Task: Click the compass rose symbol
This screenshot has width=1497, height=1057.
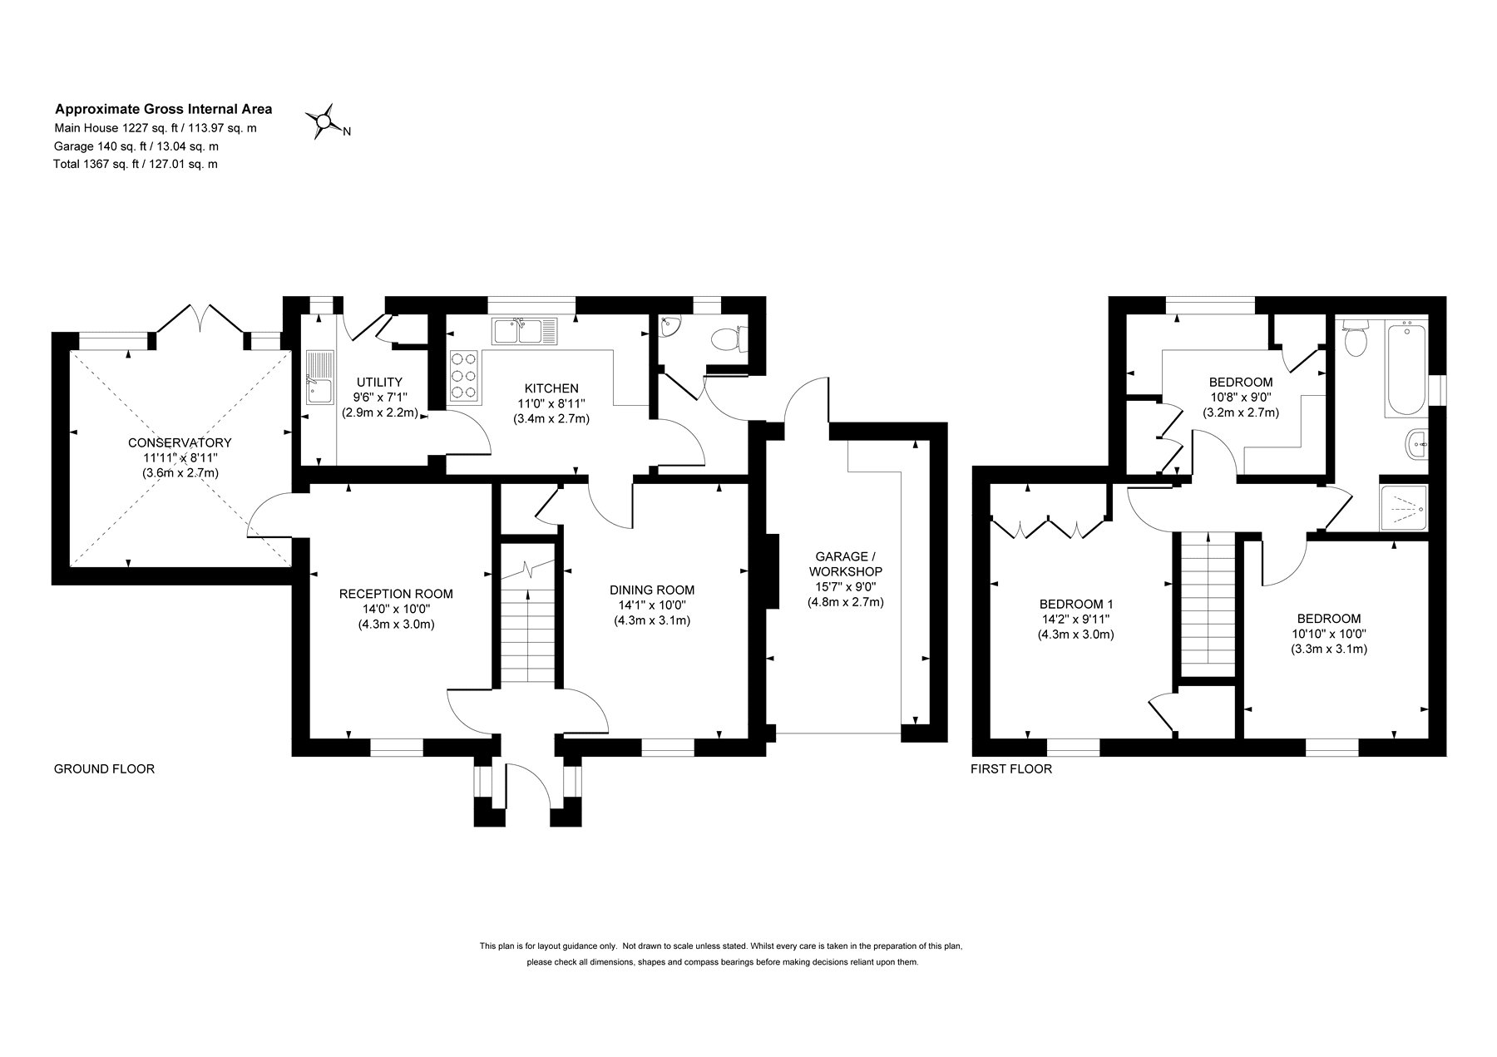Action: (x=323, y=123)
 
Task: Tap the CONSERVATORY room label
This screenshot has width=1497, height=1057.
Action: (x=180, y=442)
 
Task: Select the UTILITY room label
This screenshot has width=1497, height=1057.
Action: (x=379, y=382)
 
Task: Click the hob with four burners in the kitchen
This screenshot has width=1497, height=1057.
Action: (x=464, y=376)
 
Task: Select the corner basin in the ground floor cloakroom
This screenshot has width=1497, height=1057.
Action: (x=668, y=328)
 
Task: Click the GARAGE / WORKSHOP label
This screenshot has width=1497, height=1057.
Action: (x=845, y=564)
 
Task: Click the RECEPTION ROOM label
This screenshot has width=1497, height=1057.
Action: (x=396, y=594)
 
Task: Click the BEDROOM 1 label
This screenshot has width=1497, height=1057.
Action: (x=1076, y=605)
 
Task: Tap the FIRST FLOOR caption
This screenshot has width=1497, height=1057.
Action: (x=1011, y=769)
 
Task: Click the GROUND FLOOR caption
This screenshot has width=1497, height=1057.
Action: (x=104, y=769)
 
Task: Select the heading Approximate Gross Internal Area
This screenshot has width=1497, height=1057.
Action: (x=163, y=108)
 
